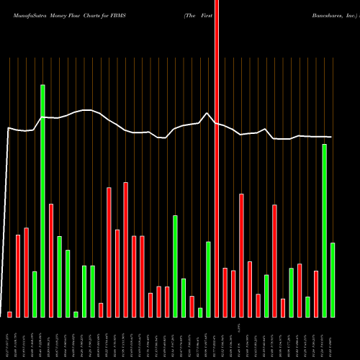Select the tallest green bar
[42, 202]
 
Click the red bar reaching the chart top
[217, 158]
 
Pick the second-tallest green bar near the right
[324, 230]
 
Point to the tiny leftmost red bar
[10, 314]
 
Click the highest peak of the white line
[208, 113]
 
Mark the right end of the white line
[332, 137]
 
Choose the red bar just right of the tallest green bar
[51, 259]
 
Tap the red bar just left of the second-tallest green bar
[316, 294]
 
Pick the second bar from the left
[18, 276]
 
